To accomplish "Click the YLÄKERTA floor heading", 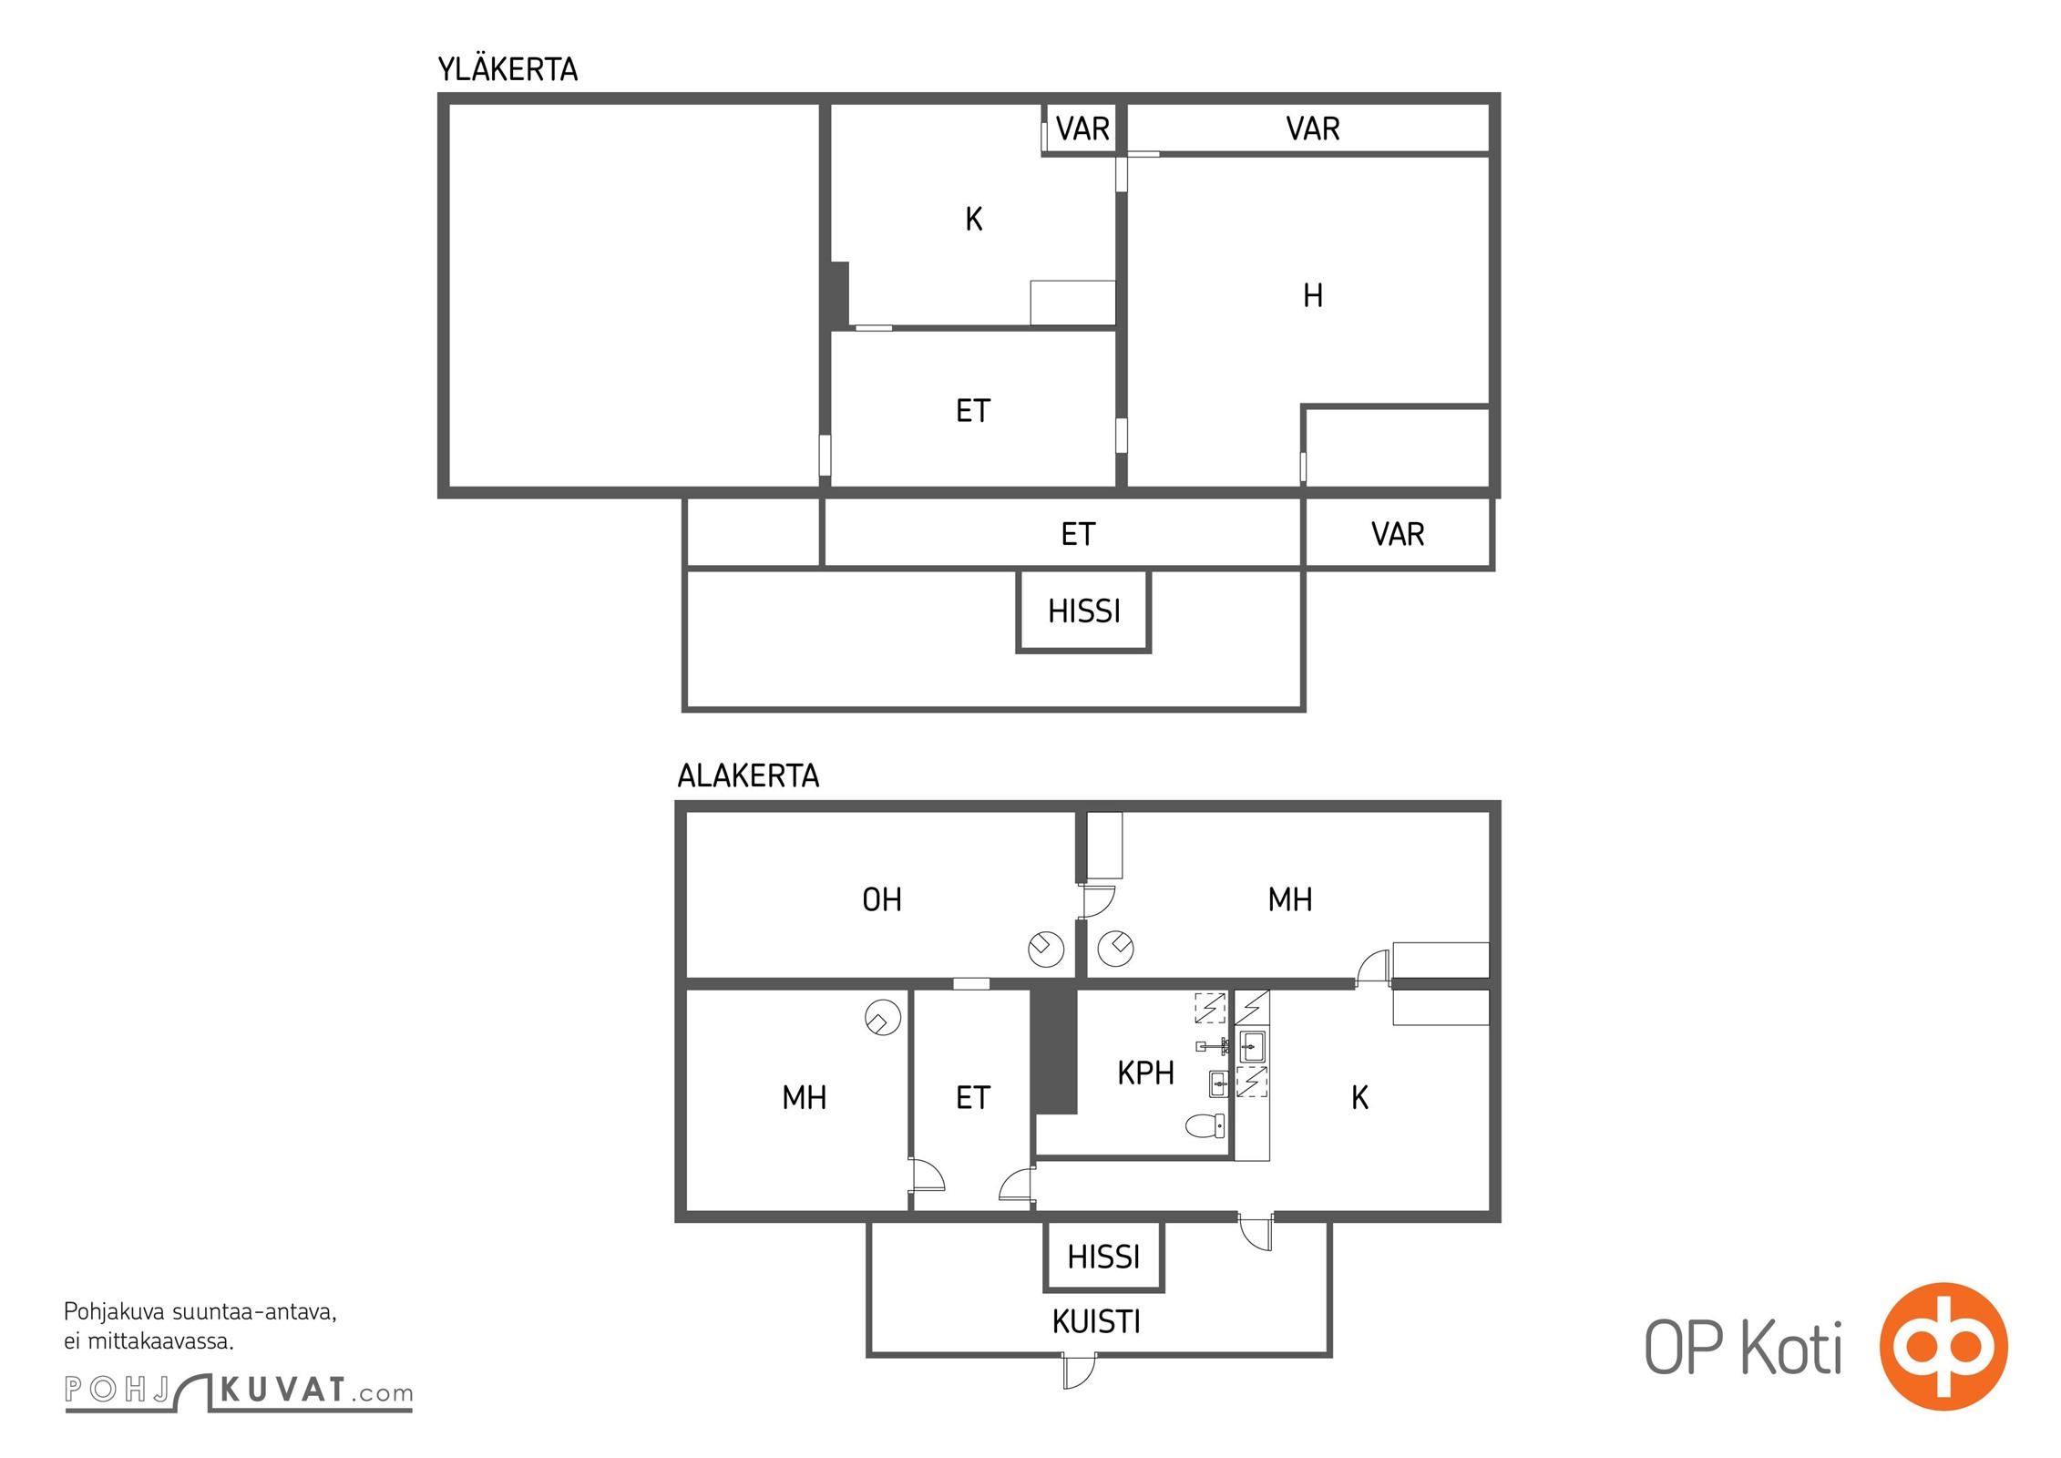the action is (508, 68).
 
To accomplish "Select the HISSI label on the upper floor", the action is (1083, 611).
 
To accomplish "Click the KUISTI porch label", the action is (1096, 1321).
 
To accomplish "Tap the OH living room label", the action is (881, 899).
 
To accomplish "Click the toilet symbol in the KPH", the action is (1205, 1126).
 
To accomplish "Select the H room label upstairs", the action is (1312, 295).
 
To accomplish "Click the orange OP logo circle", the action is (1943, 1347).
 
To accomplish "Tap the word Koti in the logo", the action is (1791, 1348).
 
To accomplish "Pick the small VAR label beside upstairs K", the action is (1082, 128).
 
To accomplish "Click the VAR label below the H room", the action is (1397, 534).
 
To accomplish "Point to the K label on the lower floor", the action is (1359, 1097).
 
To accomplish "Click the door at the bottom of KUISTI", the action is (1079, 1371).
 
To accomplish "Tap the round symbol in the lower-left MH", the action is (882, 1018).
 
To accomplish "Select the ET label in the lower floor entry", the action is (972, 1097).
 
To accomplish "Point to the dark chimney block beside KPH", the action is (1054, 1051).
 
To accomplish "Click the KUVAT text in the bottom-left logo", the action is (282, 1391).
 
